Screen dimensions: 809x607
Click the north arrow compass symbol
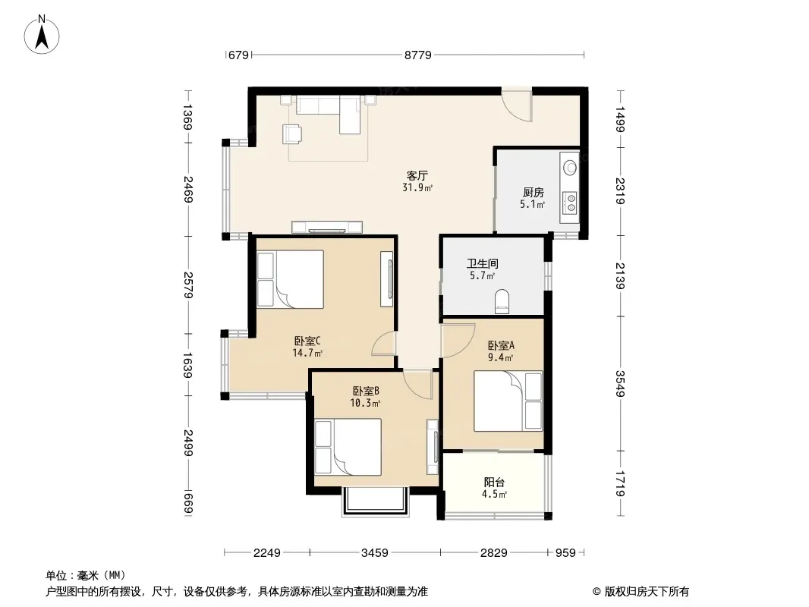point(42,35)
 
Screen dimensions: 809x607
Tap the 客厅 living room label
point(417,175)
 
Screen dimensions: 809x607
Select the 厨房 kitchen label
point(533,193)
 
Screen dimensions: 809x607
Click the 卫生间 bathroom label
point(483,263)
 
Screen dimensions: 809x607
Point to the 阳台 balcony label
point(494,483)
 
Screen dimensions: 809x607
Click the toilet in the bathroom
point(502,301)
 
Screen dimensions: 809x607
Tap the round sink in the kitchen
point(570,167)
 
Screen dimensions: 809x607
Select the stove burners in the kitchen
point(571,202)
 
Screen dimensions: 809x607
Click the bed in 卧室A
point(508,401)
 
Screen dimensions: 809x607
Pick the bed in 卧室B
point(348,447)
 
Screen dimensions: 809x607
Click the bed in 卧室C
point(291,279)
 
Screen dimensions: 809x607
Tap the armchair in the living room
point(292,134)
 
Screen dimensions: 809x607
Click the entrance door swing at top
point(517,105)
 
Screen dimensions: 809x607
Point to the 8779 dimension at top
point(418,55)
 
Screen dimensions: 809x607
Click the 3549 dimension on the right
point(620,384)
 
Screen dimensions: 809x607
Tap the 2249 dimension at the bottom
point(266,553)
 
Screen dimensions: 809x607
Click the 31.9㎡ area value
point(417,187)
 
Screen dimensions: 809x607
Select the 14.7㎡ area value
point(307,353)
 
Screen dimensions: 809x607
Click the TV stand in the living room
point(327,227)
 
